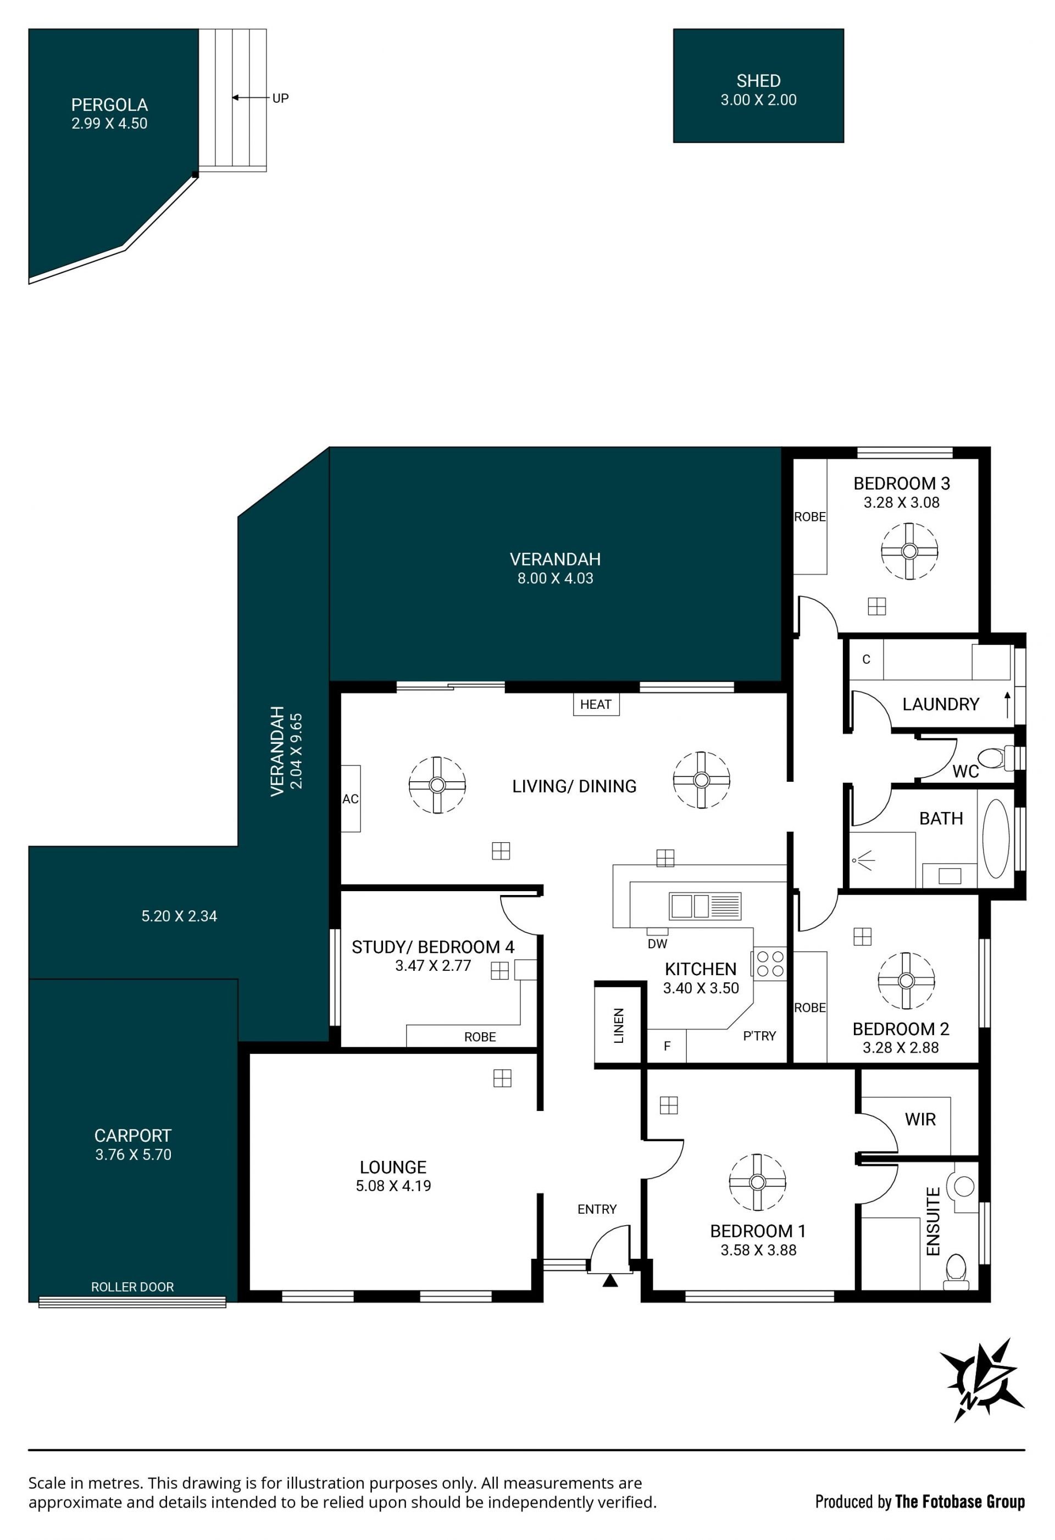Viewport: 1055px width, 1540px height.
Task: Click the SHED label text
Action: coord(758,81)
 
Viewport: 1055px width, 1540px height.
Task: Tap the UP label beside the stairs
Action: coord(280,98)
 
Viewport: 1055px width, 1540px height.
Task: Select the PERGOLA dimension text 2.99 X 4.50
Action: coord(109,123)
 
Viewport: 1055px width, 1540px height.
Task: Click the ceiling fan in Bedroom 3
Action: coord(909,551)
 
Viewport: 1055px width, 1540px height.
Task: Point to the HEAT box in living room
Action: coord(596,704)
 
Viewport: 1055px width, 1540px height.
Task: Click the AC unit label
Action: coord(351,799)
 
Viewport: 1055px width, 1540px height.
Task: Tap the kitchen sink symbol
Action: coord(704,906)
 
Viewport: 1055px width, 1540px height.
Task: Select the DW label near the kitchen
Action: coord(657,944)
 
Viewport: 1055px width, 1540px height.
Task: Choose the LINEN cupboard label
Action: coord(619,1026)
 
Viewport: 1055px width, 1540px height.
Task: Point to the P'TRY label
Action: coord(759,1036)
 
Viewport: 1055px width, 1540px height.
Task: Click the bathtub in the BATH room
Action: coord(995,838)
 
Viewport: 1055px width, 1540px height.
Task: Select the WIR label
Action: coord(920,1119)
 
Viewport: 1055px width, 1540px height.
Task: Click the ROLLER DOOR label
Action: coord(132,1287)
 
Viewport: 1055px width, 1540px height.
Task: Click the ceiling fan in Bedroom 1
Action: coord(757,1182)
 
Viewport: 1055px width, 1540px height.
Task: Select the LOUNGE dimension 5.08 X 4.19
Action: coord(393,1186)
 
